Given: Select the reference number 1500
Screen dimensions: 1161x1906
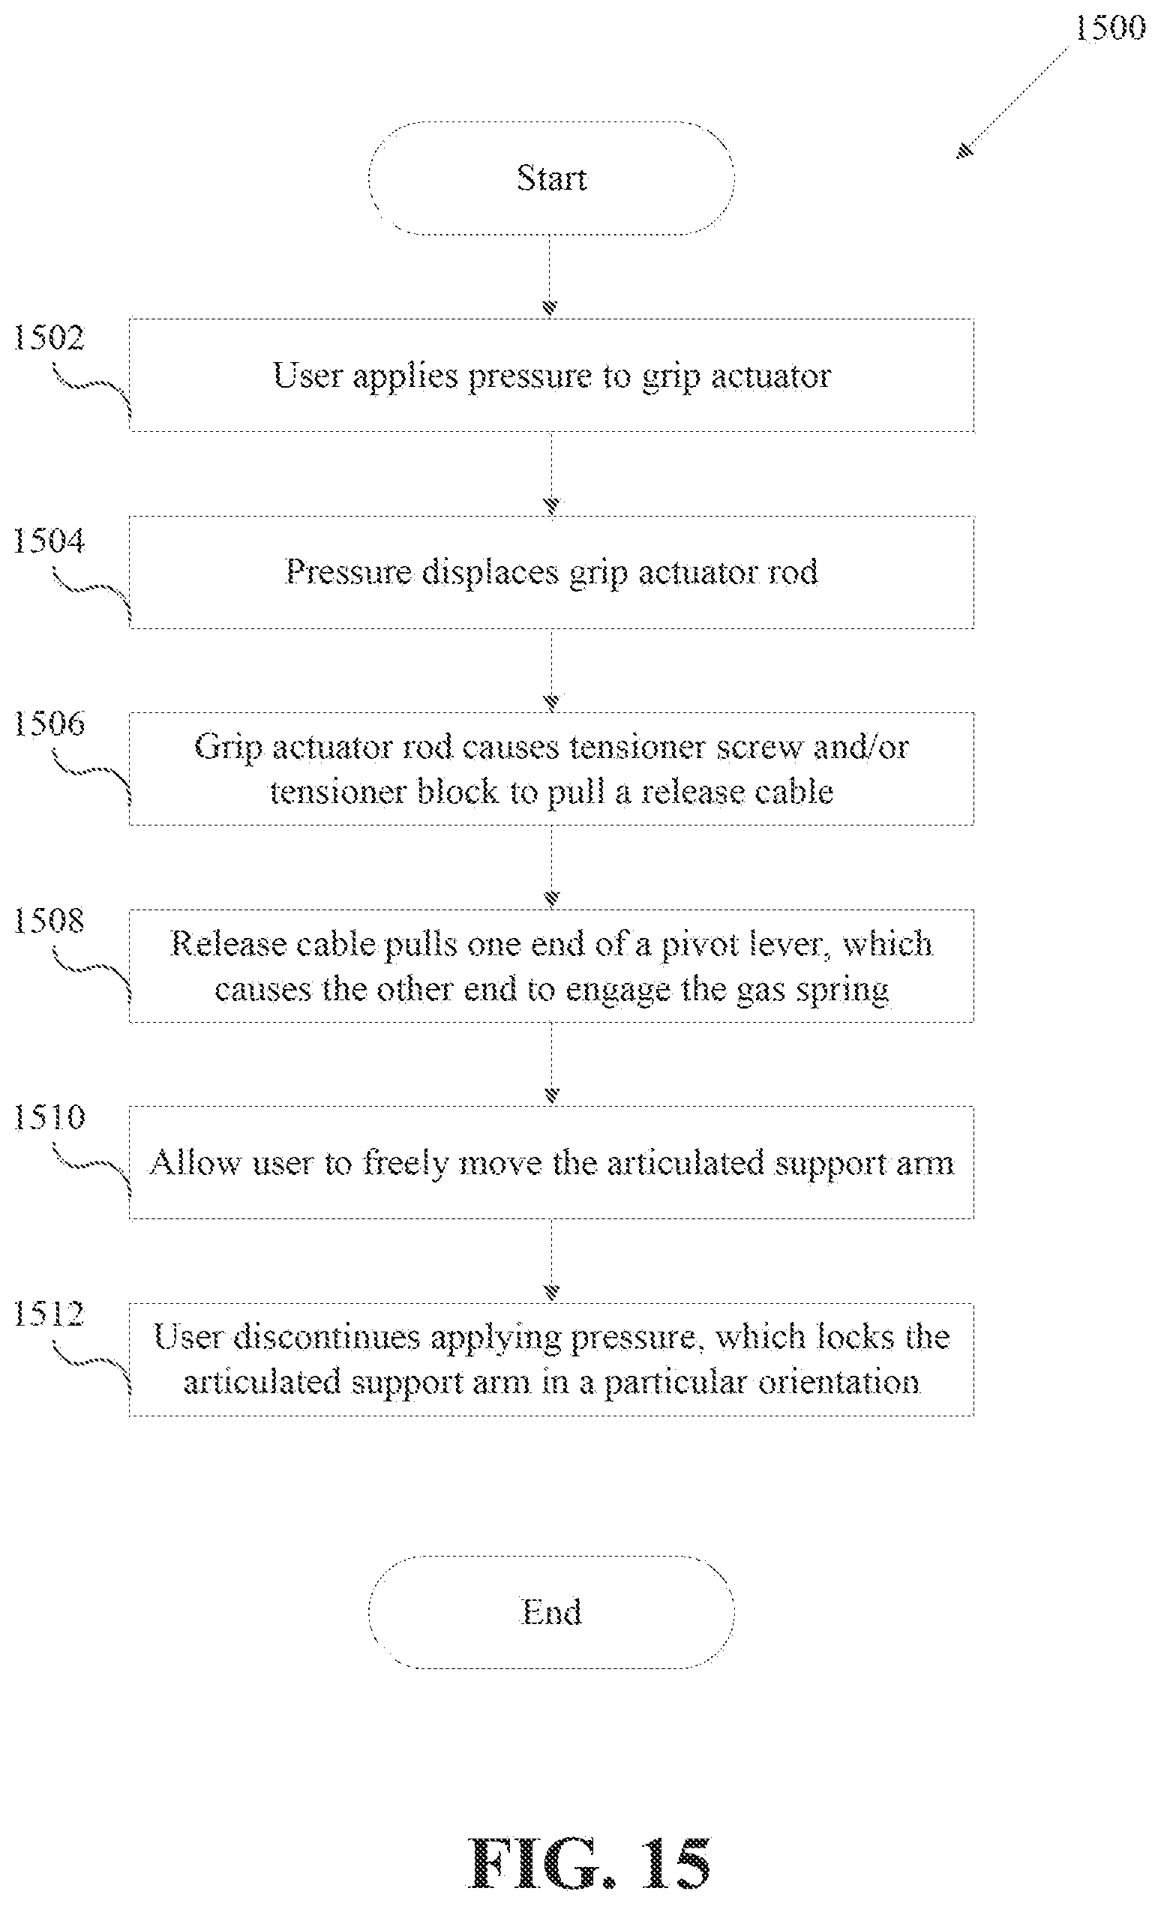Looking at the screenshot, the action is pos(1110,28).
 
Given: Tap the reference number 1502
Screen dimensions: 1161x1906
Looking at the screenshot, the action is pos(48,338).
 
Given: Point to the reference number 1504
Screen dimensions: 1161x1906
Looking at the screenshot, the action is pos(48,541).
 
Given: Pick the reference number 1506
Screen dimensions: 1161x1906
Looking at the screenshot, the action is pos(48,724).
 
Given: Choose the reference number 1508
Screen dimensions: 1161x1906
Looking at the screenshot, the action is pos(48,921).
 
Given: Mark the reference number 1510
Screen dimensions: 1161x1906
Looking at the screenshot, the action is pos(48,1118).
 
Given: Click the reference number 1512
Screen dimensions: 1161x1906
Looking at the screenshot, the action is pos(48,1314).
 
